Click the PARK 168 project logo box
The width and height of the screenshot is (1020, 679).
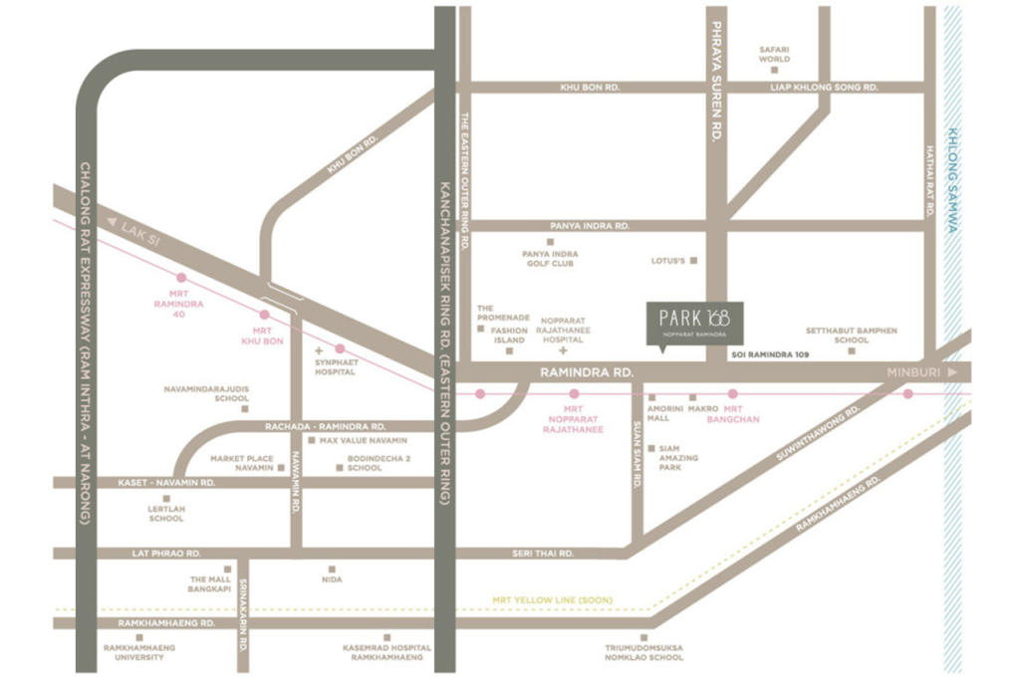point(693,323)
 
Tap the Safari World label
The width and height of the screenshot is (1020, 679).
point(774,53)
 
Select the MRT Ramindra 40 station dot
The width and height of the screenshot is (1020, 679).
point(180,278)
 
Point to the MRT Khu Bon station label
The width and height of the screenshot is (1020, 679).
point(262,336)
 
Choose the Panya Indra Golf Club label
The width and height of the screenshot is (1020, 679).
point(550,259)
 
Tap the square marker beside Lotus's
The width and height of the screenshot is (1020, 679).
point(693,261)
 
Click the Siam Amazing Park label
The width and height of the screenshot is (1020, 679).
point(677,457)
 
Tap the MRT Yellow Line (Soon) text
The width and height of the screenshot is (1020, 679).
point(552,600)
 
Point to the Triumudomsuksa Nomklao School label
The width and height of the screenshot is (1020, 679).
point(644,652)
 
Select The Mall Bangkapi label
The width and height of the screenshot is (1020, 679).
point(210,583)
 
